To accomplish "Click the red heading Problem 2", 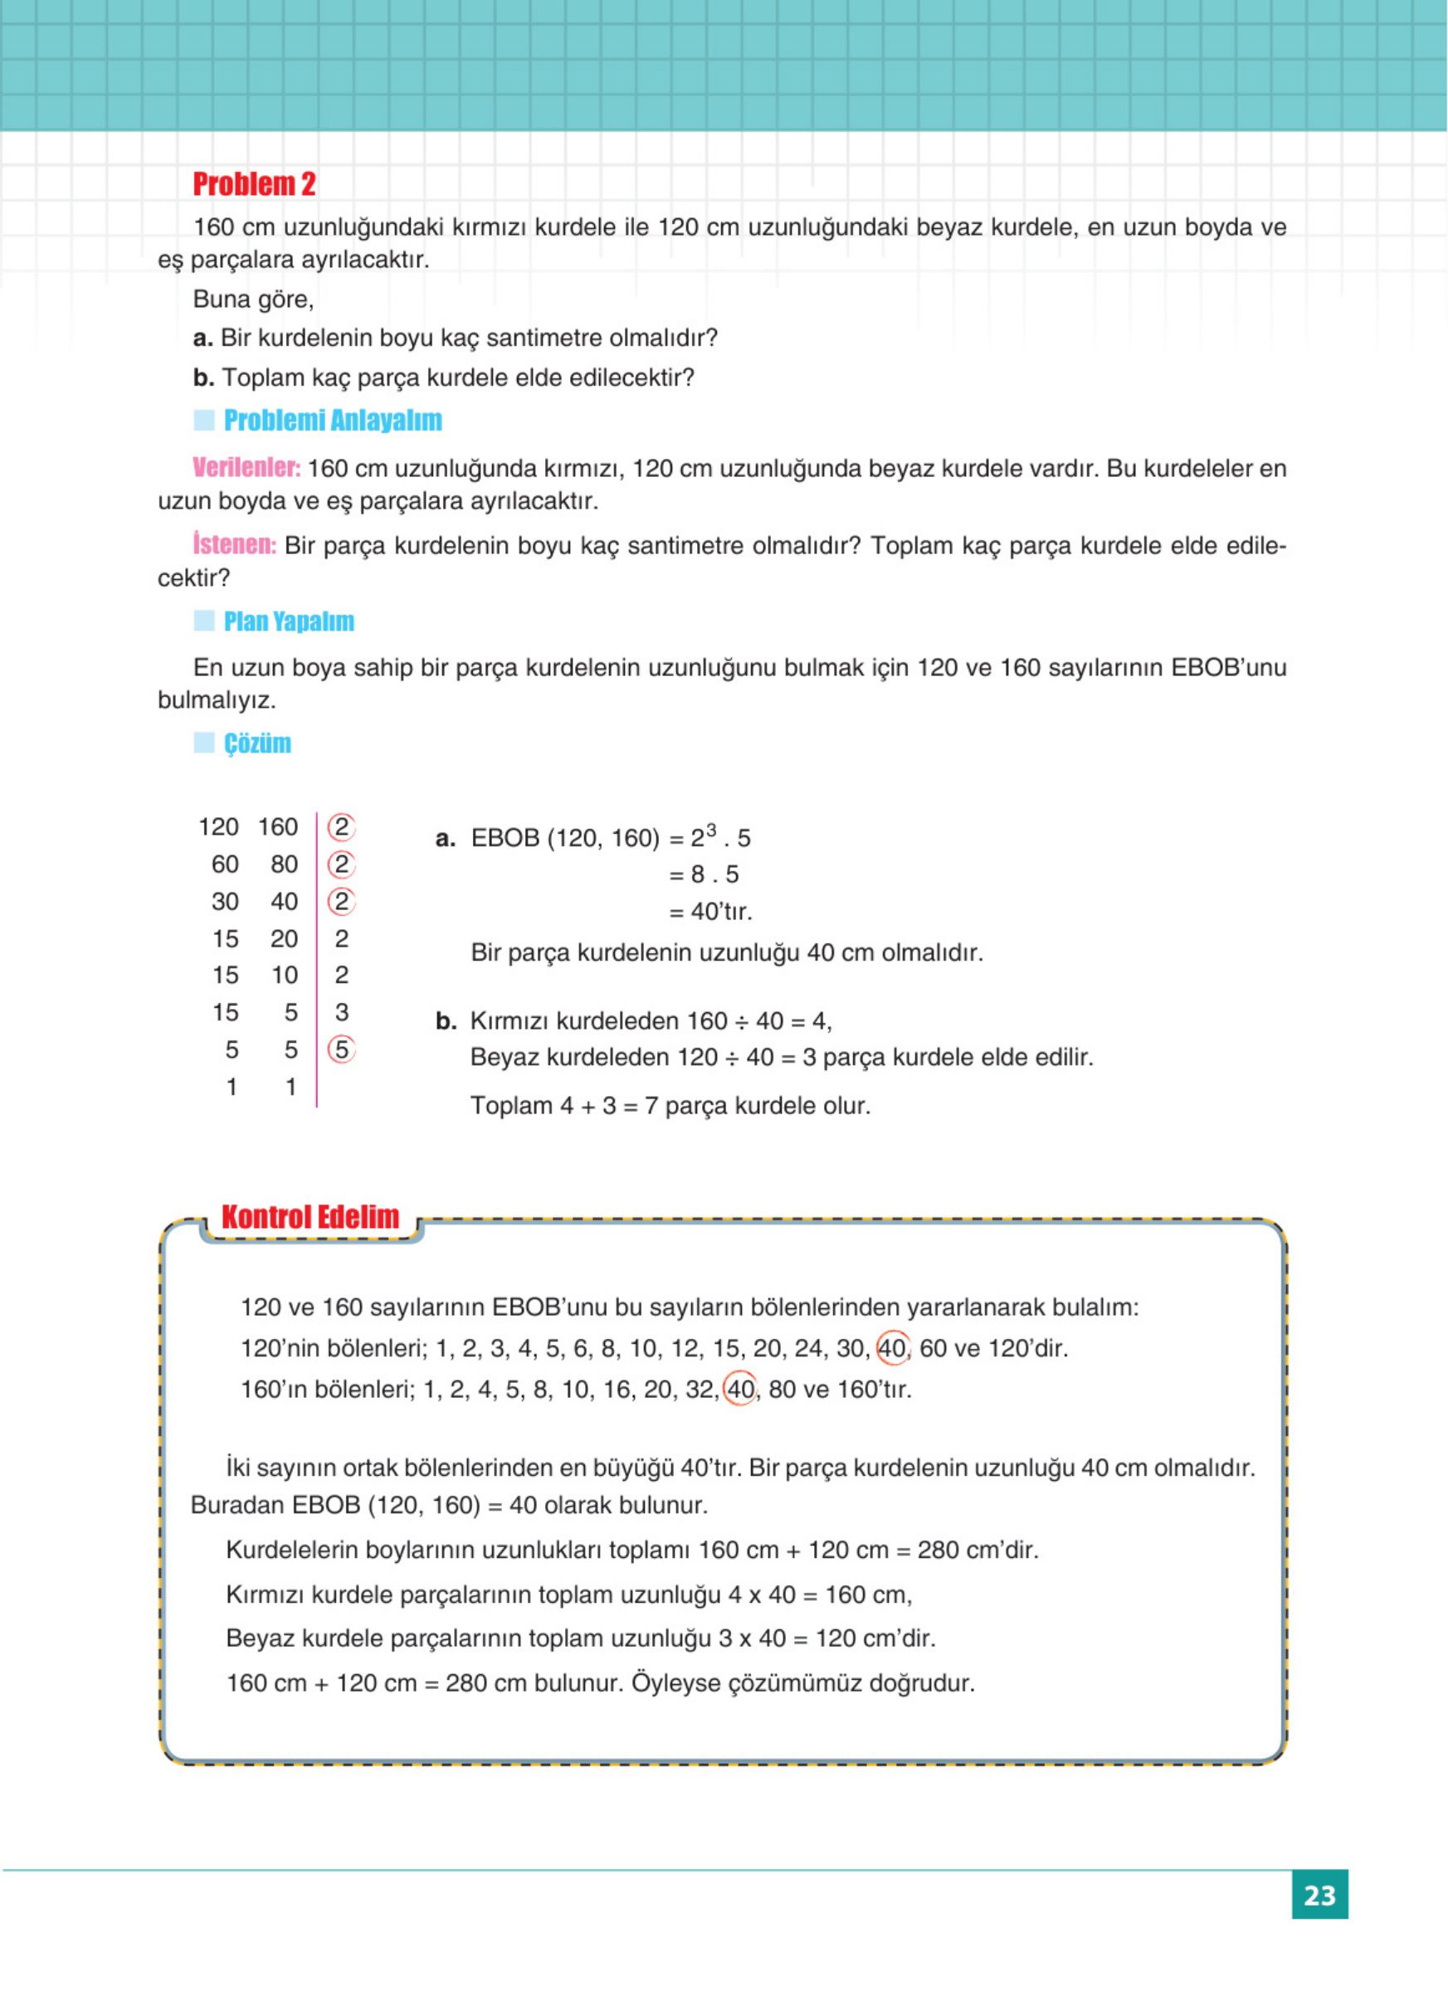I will coord(254,184).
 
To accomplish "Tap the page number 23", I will coord(1319,1895).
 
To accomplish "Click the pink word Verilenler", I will coord(246,467).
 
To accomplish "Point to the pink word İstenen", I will coord(234,544).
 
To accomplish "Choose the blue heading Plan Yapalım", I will coord(288,621).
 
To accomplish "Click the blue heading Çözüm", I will coord(256,743).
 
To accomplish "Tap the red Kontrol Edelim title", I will coord(310,1217).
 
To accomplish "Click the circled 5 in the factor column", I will coord(341,1049).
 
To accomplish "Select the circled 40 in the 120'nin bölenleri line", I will coord(892,1349).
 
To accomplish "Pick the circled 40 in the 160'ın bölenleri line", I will coord(739,1390).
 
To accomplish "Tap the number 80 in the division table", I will coord(284,864).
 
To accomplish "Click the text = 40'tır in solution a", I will coord(710,912).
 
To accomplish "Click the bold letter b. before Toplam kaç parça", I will coord(203,377).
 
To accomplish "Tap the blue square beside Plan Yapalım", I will coord(204,621).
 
